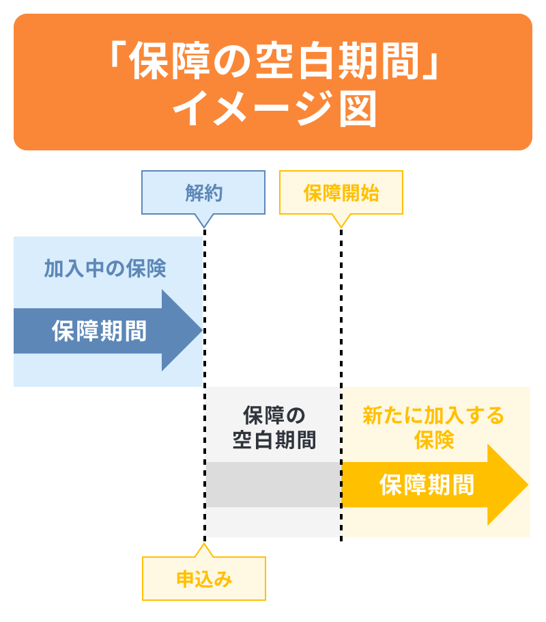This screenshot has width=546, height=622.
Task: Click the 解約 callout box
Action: point(203,193)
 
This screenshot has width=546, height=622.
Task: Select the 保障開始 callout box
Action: point(341,193)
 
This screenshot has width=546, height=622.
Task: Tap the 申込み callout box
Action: point(204,579)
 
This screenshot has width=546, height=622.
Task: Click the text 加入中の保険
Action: point(105,269)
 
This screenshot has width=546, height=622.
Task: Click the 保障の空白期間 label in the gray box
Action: point(274,428)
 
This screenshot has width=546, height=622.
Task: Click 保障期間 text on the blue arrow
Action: point(99,331)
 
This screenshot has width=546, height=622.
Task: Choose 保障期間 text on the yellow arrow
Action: point(427,485)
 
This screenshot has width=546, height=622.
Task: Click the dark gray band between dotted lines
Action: point(273,485)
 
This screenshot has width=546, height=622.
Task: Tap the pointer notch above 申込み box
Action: point(204,550)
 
